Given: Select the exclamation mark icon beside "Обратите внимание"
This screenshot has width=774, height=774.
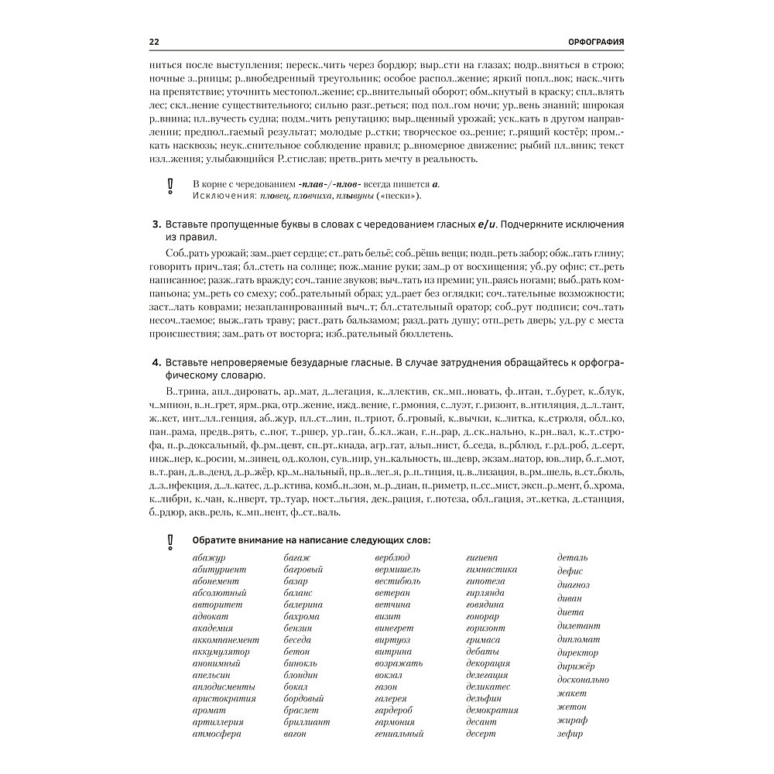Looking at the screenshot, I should [171, 541].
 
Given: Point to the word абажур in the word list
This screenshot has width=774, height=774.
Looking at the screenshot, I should [208, 557].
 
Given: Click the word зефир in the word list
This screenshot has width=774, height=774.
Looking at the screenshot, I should [570, 734].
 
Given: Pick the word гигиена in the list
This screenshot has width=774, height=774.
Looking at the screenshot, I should [481, 557].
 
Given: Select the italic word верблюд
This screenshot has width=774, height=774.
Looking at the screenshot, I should [392, 557].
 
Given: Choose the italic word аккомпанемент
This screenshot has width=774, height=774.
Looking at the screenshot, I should [226, 640].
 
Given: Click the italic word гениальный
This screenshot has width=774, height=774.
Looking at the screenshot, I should [399, 734].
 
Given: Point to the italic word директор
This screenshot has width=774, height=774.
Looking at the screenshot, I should [577, 652].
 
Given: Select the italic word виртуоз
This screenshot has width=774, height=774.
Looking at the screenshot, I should [391, 640].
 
